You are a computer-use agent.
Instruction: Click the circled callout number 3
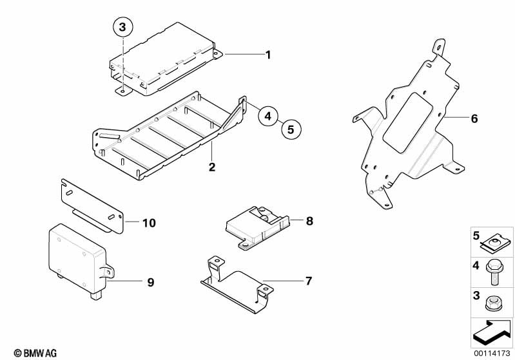[x=122, y=27]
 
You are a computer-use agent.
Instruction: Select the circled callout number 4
[x=268, y=116]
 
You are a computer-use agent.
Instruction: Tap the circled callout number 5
[x=291, y=129]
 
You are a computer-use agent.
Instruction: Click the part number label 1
[x=268, y=55]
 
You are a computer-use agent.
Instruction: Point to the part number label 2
[x=212, y=167]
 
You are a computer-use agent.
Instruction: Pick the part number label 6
[x=474, y=118]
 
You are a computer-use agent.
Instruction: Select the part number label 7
[x=308, y=281]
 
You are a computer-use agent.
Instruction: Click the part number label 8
[x=309, y=221]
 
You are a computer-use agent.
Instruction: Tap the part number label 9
[x=150, y=282]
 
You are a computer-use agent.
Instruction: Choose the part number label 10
[x=149, y=223]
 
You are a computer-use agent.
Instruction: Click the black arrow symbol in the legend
[x=492, y=332]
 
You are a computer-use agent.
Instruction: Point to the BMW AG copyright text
[x=35, y=354]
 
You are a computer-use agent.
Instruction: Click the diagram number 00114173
[x=492, y=354]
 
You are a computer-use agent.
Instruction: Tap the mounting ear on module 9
[x=108, y=272]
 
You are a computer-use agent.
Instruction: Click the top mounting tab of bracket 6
[x=440, y=46]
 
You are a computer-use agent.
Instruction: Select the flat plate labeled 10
[x=92, y=206]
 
